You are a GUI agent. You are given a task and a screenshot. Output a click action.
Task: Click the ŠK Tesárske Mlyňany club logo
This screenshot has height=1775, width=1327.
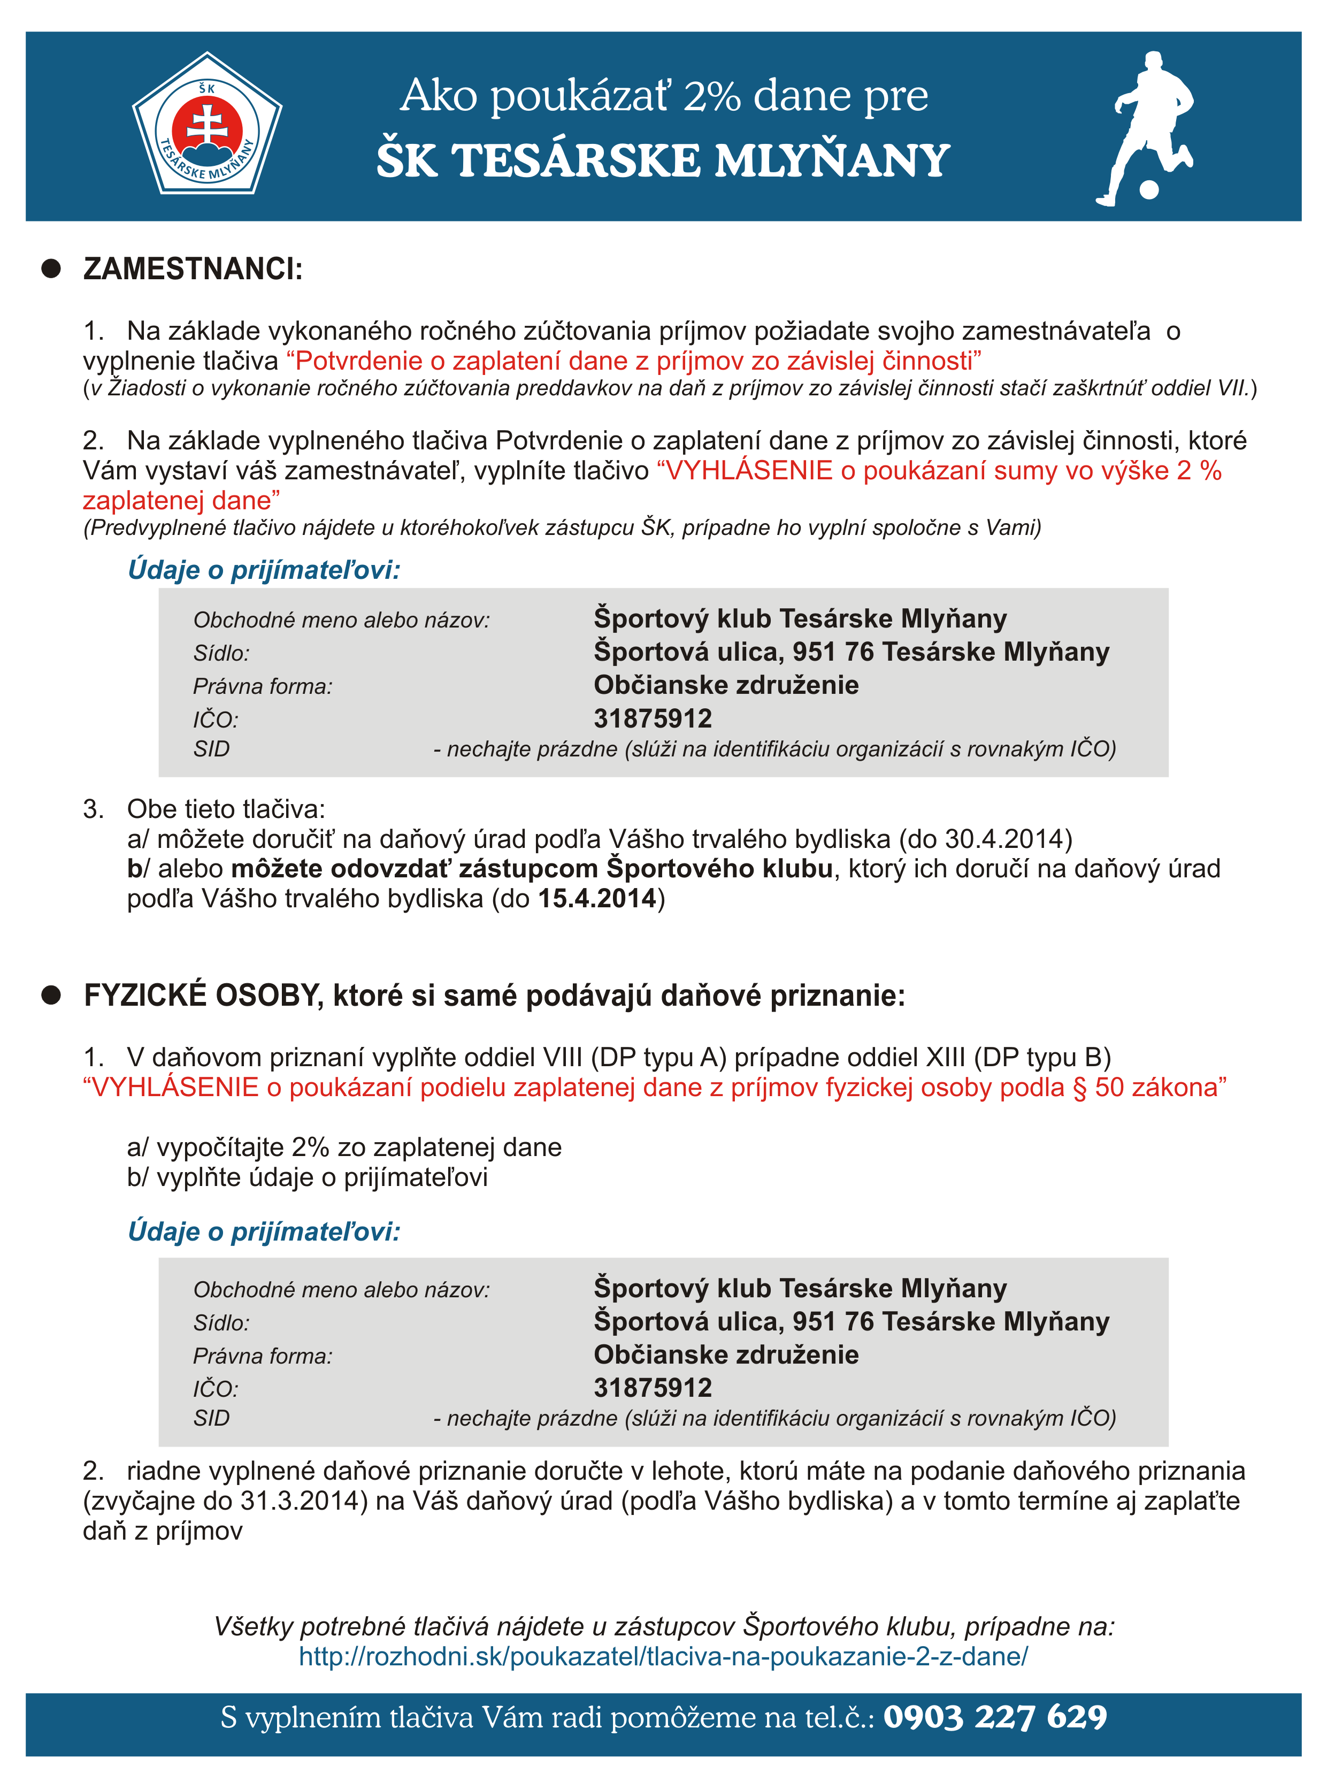pyautogui.click(x=207, y=124)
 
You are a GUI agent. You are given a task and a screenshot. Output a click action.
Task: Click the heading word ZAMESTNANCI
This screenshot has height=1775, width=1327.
pyautogui.click(x=193, y=269)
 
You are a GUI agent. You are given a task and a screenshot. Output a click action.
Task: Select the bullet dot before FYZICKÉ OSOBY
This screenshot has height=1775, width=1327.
pyautogui.click(x=51, y=995)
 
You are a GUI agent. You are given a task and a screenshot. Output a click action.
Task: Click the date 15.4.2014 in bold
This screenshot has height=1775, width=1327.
pyautogui.click(x=597, y=898)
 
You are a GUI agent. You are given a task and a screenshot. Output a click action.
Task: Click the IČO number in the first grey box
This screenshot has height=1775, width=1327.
pyautogui.click(x=653, y=718)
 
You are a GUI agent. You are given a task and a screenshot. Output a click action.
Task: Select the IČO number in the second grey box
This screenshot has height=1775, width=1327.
pyautogui.click(x=653, y=1388)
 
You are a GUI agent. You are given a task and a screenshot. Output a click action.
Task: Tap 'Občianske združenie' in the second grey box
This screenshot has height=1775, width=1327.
pyautogui.click(x=725, y=1355)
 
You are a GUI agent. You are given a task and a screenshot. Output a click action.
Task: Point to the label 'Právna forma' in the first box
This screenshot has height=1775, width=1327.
pyautogui.click(x=262, y=686)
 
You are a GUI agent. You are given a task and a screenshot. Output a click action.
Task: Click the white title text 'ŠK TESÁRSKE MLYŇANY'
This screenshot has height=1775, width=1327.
pyautogui.click(x=663, y=160)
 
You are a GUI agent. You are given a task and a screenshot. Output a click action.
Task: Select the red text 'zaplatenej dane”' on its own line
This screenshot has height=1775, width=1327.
pyautogui.click(x=181, y=500)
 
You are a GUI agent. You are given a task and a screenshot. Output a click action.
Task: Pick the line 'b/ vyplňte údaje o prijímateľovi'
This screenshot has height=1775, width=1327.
pyautogui.click(x=307, y=1177)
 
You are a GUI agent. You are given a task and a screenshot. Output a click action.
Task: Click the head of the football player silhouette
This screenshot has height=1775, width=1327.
pyautogui.click(x=1154, y=63)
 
